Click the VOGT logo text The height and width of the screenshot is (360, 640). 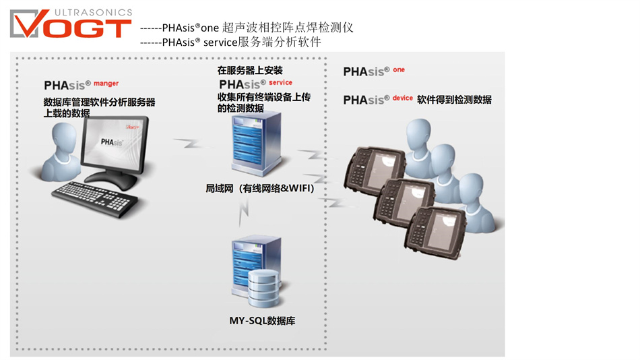pos(81,26)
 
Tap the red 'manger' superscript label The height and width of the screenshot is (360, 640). pos(106,84)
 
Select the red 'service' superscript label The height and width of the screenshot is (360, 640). pos(280,83)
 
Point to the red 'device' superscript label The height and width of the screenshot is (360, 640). pos(402,98)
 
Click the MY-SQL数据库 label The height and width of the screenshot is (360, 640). pos(262,321)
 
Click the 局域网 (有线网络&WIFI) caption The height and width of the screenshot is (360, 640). pos(260,189)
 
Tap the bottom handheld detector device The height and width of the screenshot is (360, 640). pos(438,230)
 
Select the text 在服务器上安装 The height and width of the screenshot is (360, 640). pos(249,70)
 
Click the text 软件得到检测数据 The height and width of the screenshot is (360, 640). pos(454,100)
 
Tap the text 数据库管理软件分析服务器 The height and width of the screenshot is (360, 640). pos(100,102)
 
